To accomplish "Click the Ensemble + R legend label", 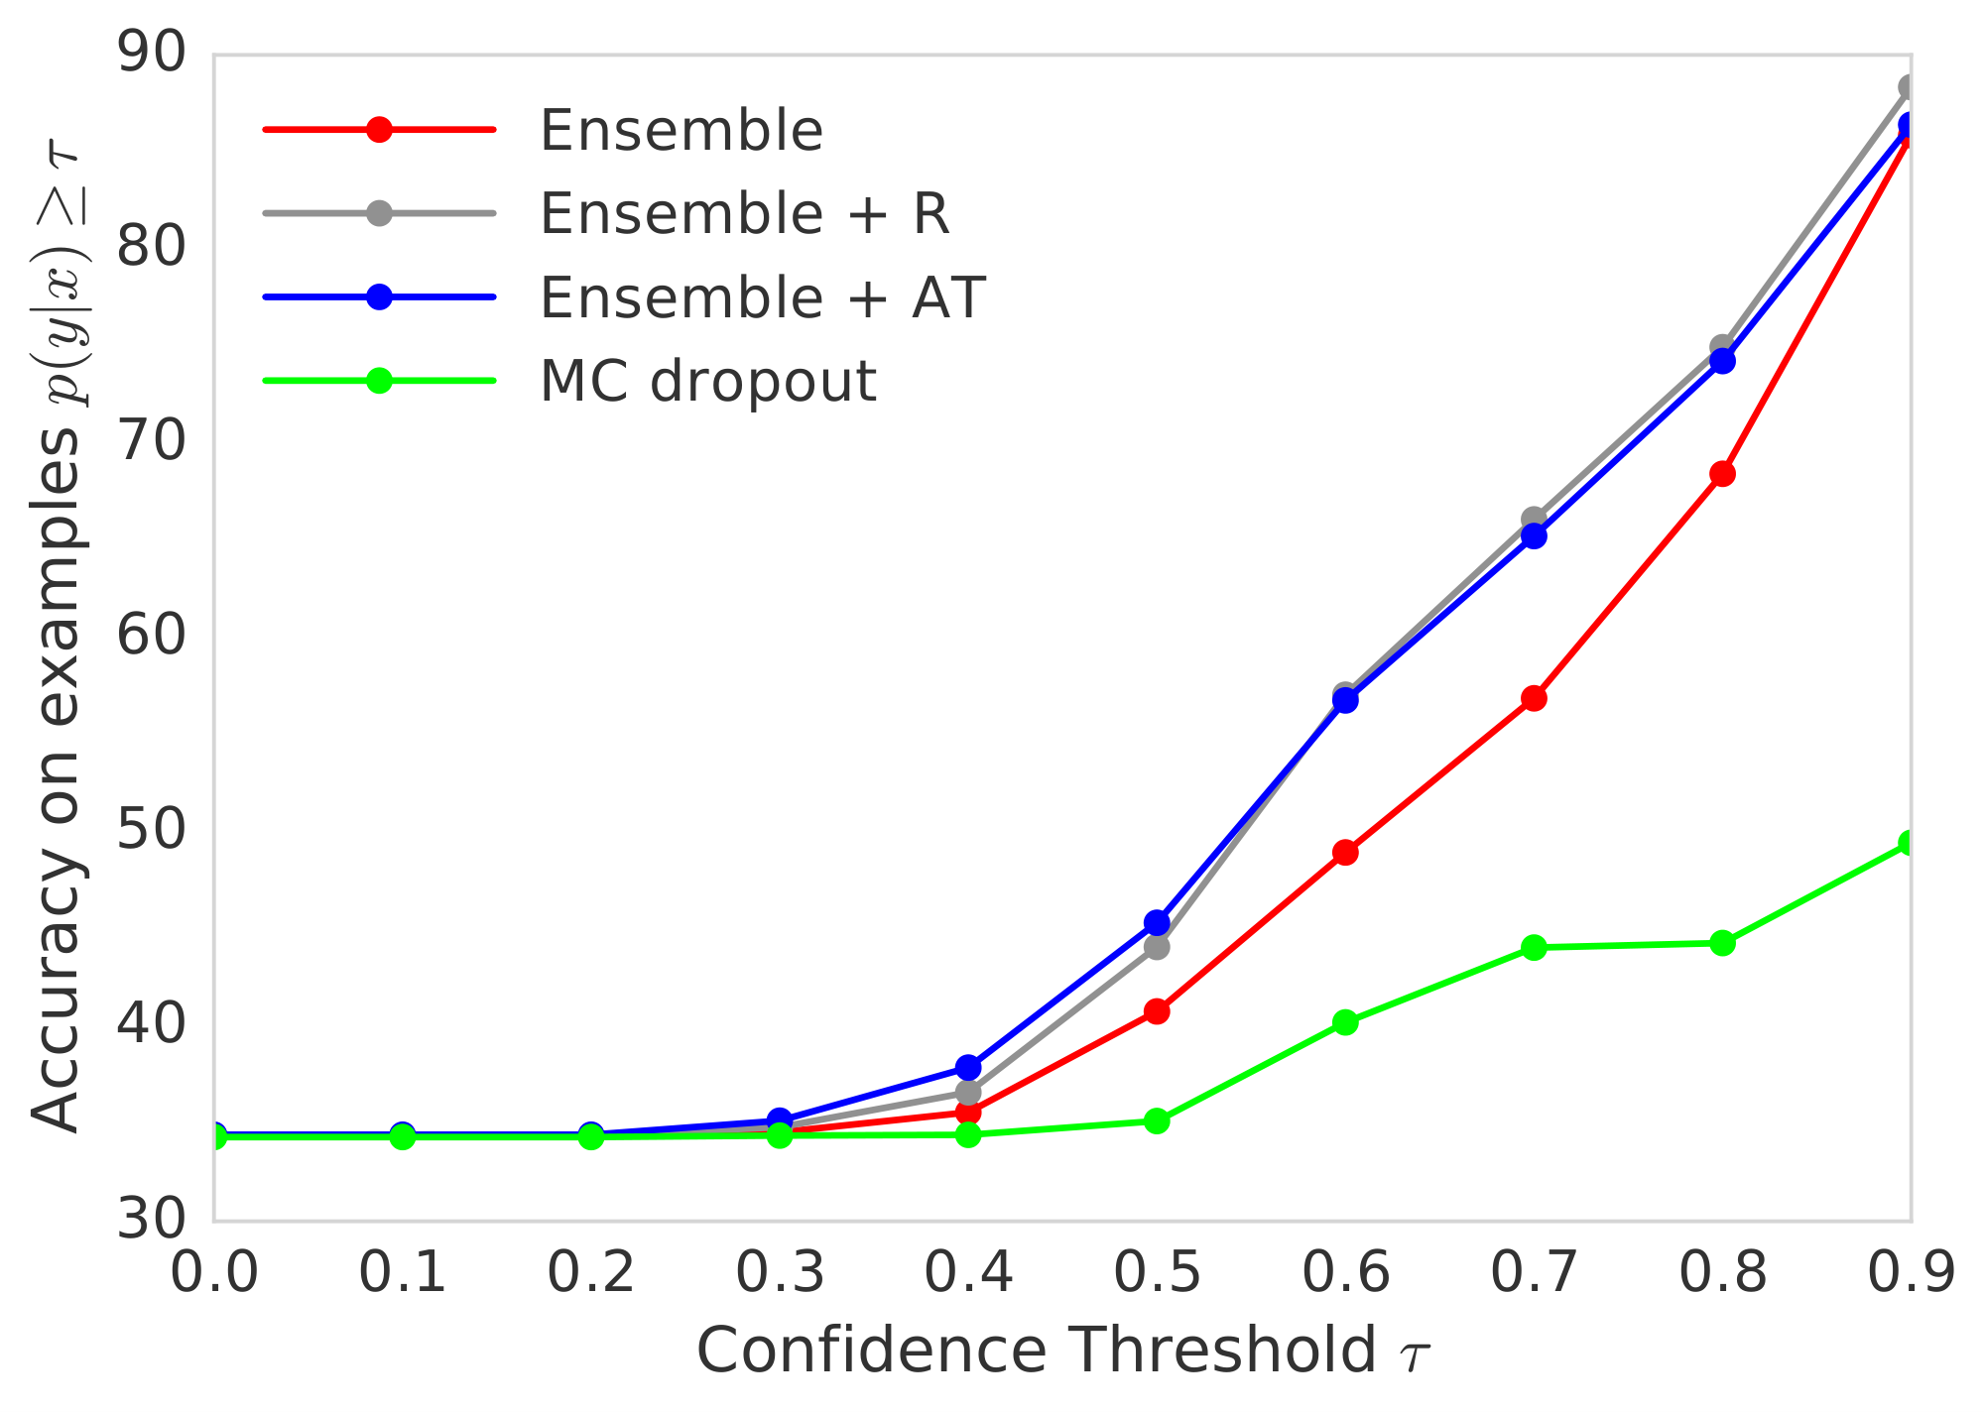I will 744,213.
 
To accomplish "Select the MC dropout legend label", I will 707,381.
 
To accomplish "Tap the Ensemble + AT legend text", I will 762,296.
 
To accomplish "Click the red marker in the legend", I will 379,129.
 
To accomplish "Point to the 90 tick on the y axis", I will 151,55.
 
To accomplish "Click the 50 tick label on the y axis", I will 151,831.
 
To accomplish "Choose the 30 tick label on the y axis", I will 151,1220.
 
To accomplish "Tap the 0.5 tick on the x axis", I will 1157,1273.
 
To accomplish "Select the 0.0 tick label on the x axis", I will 214,1273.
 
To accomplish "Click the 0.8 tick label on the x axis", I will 1722,1273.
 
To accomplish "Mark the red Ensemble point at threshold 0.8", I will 1722,474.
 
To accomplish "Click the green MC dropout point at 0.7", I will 1534,948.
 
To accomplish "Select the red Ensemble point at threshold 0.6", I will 1345,853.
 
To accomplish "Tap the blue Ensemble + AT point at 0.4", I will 968,1068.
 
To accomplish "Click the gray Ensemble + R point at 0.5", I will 1157,948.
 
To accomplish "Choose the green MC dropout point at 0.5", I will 1157,1121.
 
